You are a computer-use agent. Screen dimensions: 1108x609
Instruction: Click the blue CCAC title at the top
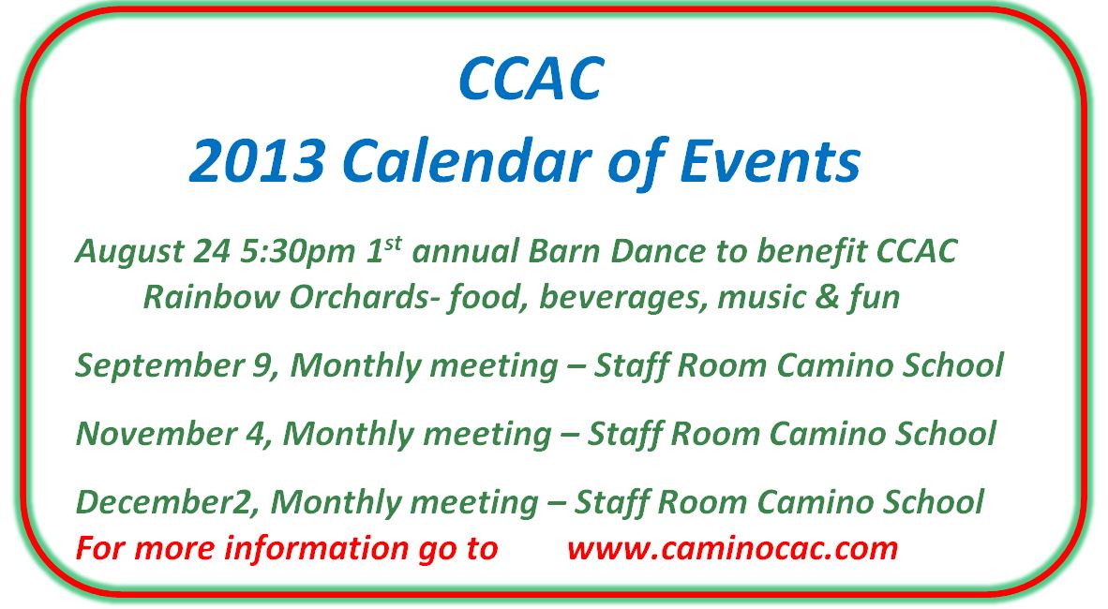click(x=531, y=78)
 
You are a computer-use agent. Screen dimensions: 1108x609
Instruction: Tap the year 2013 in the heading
click(x=257, y=161)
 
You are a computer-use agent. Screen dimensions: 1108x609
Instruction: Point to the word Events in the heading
click(x=771, y=161)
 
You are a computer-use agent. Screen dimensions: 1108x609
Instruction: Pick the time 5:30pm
click(x=297, y=252)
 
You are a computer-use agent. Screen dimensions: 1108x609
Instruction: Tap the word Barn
click(x=564, y=251)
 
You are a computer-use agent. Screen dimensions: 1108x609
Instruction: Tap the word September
click(x=171, y=366)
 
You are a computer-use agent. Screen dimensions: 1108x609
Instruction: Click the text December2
click(x=162, y=501)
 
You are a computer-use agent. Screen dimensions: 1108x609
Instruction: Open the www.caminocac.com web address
click(x=732, y=548)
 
